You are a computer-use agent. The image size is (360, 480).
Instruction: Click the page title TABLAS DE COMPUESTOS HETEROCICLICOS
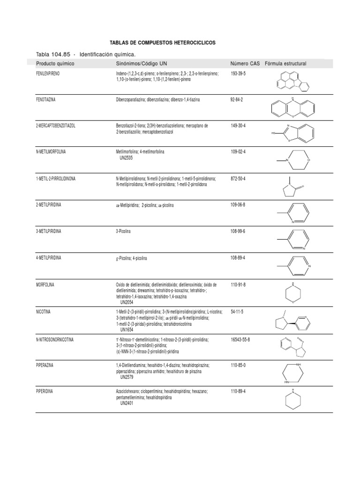[x=162, y=43]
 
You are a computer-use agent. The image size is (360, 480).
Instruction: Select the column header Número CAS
[x=245, y=63]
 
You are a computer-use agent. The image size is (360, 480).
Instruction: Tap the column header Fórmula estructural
[x=285, y=63]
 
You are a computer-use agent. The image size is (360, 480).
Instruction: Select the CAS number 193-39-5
[x=239, y=74]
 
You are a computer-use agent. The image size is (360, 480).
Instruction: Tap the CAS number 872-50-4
[x=239, y=179]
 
